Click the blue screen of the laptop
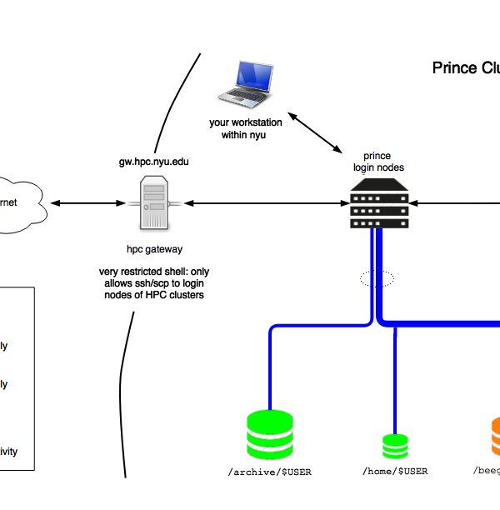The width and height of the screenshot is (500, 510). pos(254,76)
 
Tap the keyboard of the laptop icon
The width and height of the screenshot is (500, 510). pos(242,97)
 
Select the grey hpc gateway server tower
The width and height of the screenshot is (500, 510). pos(154,202)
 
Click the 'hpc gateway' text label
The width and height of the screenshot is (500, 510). pos(154,249)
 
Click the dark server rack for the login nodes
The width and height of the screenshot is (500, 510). pos(380,207)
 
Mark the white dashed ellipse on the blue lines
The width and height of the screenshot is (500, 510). pos(377,278)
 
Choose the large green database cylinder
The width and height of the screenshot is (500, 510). pos(270,434)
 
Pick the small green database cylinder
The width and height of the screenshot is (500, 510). pos(395,446)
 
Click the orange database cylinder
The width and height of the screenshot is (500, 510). pos(495,437)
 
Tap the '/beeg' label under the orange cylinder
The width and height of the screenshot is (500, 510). pos(487,471)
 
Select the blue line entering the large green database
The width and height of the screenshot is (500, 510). pos(271,367)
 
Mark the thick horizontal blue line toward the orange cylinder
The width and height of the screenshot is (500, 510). pos(442,322)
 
